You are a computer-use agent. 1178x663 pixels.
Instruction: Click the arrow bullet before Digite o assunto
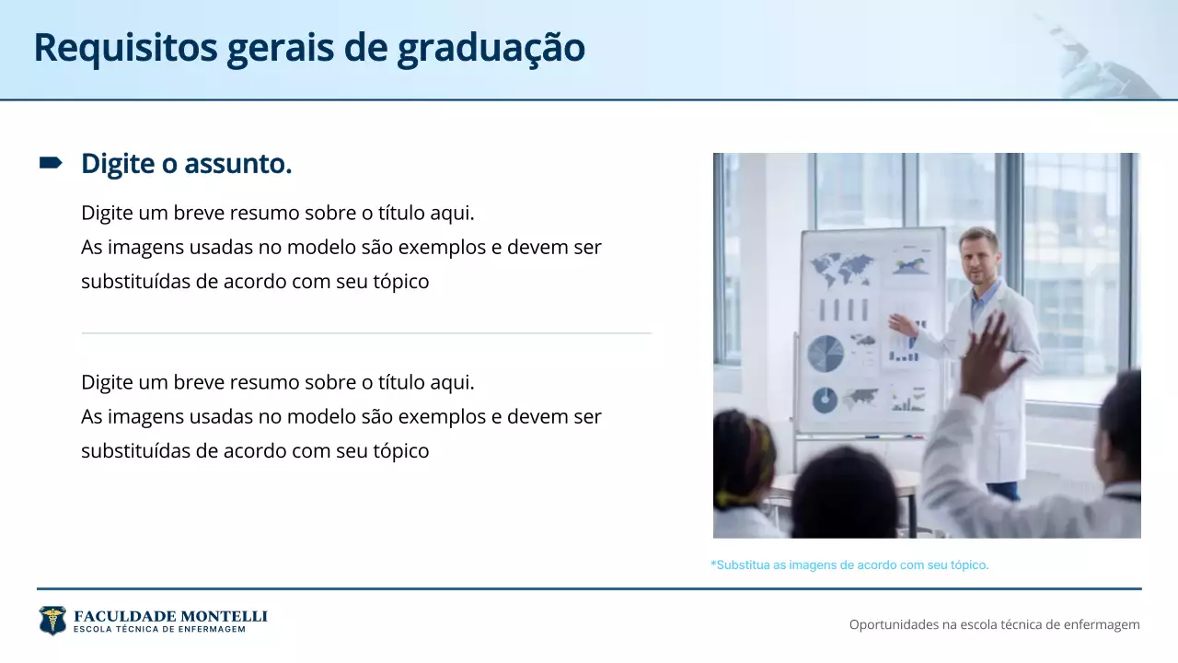click(x=50, y=163)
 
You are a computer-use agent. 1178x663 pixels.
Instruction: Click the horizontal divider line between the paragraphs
click(x=366, y=332)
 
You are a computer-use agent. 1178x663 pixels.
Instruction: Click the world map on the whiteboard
click(x=841, y=269)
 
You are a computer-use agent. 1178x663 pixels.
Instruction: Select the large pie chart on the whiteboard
click(x=826, y=354)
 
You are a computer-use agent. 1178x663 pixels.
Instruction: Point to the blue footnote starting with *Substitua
click(x=849, y=564)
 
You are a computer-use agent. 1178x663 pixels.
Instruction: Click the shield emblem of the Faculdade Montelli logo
click(x=52, y=621)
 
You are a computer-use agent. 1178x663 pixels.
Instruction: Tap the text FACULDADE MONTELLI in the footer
click(x=170, y=615)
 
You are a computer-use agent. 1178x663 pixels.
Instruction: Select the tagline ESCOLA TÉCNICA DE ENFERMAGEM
click(x=159, y=630)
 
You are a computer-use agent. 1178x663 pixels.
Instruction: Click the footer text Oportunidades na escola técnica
click(x=994, y=624)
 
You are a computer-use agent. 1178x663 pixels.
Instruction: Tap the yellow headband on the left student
click(x=736, y=498)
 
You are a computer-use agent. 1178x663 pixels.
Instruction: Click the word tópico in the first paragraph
click(x=400, y=282)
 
